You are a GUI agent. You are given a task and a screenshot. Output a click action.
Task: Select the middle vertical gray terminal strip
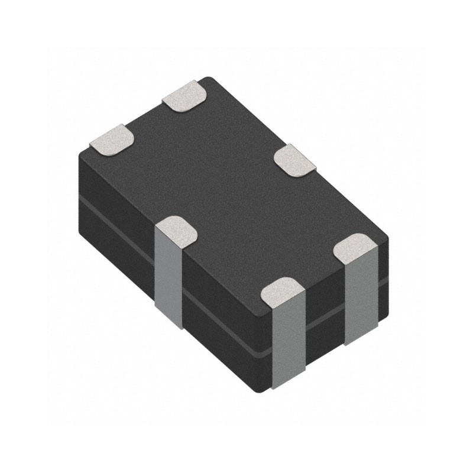click(x=289, y=337)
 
